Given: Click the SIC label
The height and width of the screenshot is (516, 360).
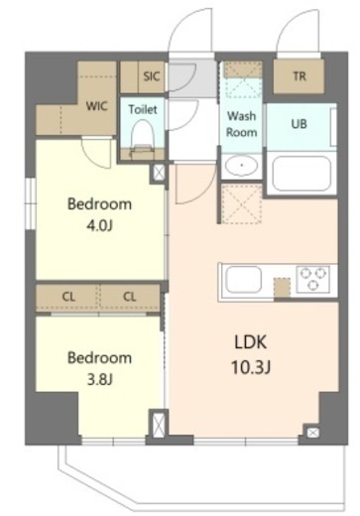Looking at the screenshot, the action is pyautogui.click(x=152, y=76).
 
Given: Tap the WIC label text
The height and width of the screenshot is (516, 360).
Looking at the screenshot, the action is pyautogui.click(x=96, y=106).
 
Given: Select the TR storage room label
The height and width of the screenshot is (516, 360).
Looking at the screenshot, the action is pyautogui.click(x=300, y=76).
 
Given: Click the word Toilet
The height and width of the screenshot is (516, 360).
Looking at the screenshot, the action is pyautogui.click(x=143, y=109).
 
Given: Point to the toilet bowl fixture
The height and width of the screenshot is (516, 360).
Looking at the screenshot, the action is pyautogui.click(x=143, y=137).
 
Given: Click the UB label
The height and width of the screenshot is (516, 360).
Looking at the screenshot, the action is pyautogui.click(x=299, y=124).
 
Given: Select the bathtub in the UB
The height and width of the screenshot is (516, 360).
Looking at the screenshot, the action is pyautogui.click(x=301, y=174).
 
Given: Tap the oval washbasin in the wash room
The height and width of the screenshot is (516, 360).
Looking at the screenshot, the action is pyautogui.click(x=241, y=165).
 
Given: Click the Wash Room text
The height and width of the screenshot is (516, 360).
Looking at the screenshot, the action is pyautogui.click(x=241, y=124).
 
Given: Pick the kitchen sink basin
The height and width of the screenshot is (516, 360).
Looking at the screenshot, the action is pyautogui.click(x=243, y=280).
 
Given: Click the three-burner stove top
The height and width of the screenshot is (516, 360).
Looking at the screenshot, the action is pyautogui.click(x=312, y=280).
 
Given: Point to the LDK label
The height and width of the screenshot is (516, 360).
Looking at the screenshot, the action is pyautogui.click(x=251, y=342).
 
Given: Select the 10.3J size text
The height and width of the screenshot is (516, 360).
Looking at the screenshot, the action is pyautogui.click(x=251, y=367).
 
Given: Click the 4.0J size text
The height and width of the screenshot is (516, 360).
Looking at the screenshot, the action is pyautogui.click(x=99, y=226).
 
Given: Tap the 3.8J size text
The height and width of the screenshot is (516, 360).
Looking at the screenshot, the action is pyautogui.click(x=99, y=380).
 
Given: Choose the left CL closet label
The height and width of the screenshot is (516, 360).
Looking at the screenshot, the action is pyautogui.click(x=68, y=297).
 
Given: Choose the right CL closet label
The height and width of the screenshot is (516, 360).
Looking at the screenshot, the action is pyautogui.click(x=129, y=297).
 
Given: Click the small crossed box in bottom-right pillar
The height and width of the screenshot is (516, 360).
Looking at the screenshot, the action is pyautogui.click(x=312, y=433).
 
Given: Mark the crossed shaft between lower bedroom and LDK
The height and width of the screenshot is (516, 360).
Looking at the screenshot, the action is pyautogui.click(x=159, y=424).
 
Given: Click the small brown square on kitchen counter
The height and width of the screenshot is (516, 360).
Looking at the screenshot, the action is pyautogui.click(x=282, y=288).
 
